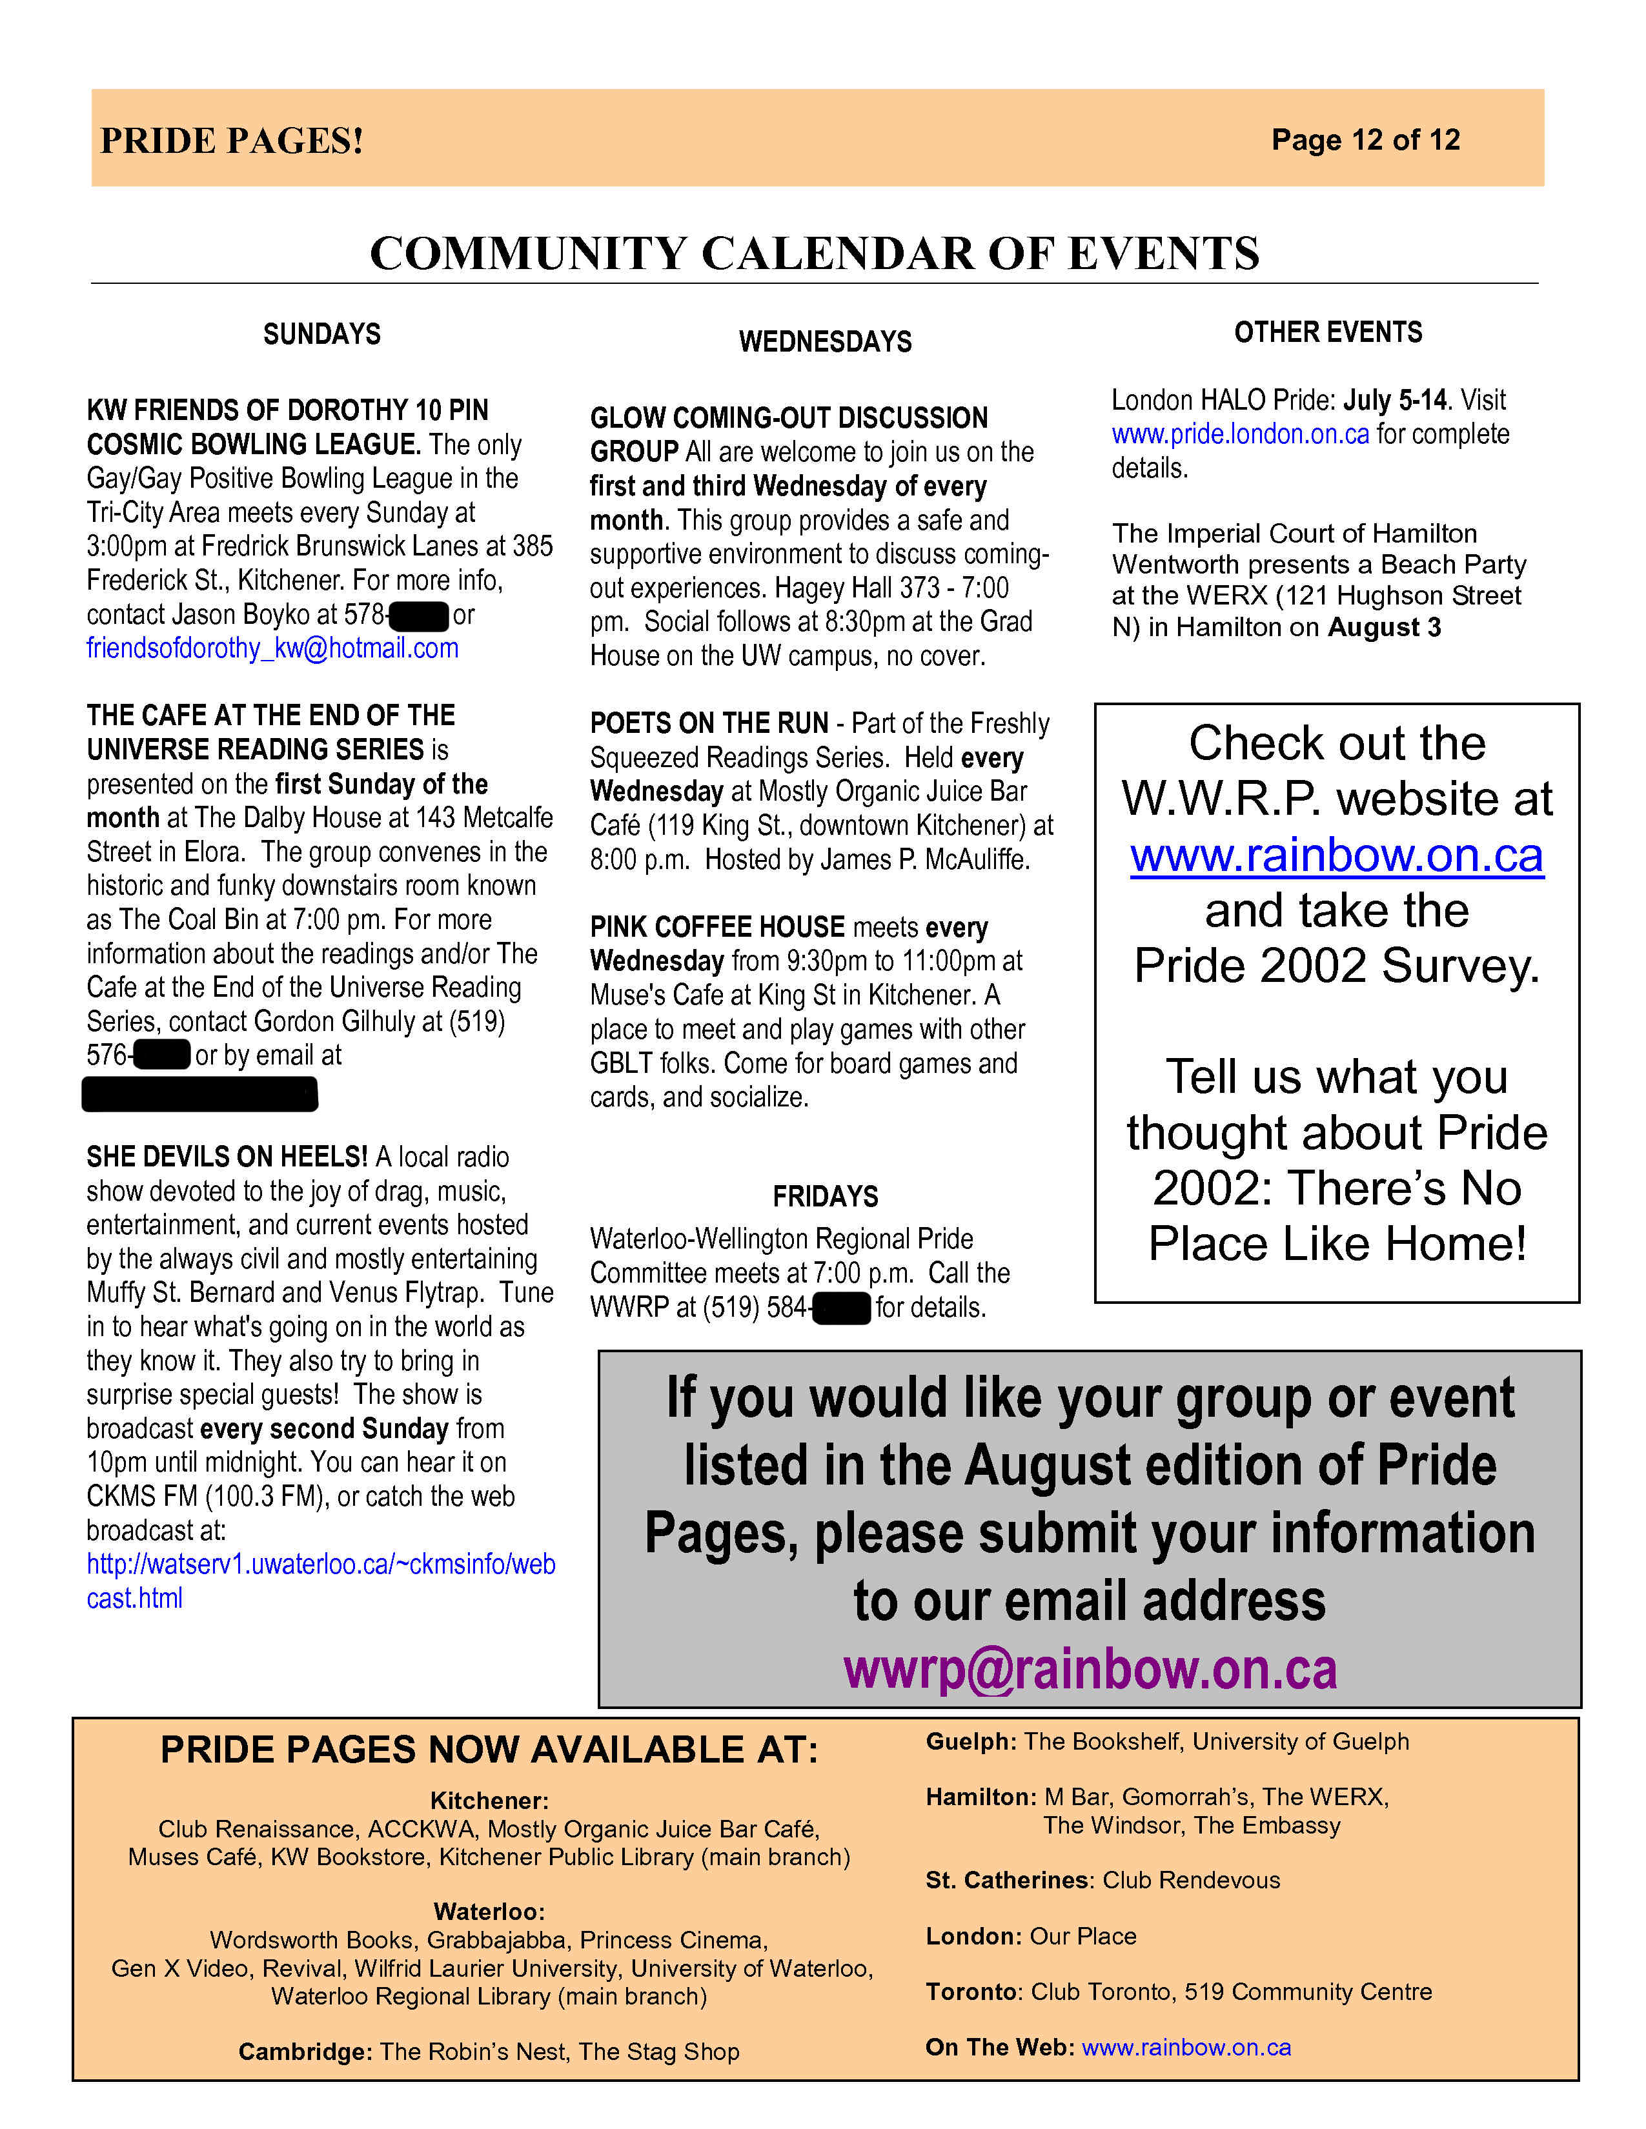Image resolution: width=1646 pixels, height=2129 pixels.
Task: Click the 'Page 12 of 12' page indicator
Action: coord(1365,139)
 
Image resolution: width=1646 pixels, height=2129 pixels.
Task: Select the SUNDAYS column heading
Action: coord(322,334)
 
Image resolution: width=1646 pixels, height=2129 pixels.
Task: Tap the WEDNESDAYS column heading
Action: coord(825,342)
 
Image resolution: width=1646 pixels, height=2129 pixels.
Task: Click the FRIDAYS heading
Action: coord(825,1196)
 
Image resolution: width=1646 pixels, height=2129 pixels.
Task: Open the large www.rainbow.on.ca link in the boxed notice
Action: coord(1336,855)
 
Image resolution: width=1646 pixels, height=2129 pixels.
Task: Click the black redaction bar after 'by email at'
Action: coord(200,1094)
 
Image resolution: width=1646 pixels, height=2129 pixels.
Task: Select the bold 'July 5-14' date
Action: coord(1394,400)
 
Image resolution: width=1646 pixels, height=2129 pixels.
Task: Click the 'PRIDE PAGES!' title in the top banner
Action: coord(232,141)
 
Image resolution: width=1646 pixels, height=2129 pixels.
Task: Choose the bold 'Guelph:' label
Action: coord(970,1741)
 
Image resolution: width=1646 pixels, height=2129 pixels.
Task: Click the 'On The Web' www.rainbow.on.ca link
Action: coord(1186,2047)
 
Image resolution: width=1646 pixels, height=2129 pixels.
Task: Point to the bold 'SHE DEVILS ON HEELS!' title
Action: coord(226,1157)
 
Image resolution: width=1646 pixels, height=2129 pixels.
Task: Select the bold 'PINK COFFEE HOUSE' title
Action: coord(716,927)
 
